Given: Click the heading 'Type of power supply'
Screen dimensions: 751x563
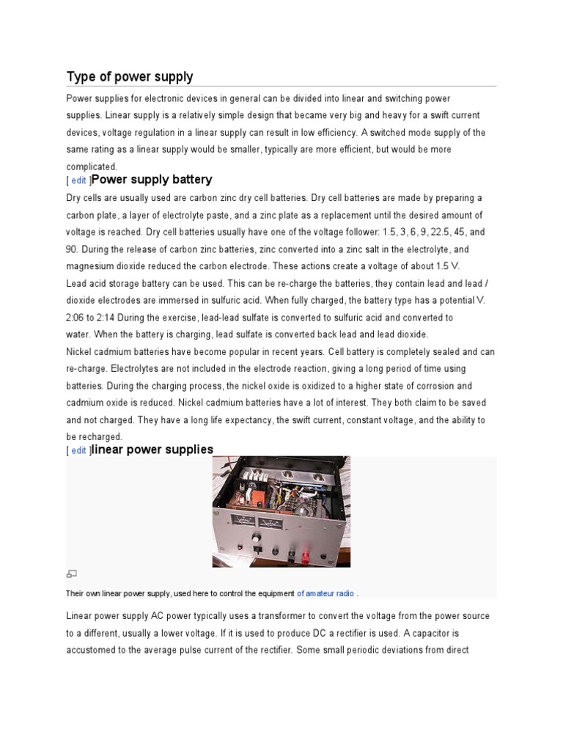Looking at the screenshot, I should point(130,77).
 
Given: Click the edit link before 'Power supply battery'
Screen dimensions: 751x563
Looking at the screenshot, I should point(79,180).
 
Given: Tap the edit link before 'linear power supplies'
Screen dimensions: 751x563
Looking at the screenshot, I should point(79,451).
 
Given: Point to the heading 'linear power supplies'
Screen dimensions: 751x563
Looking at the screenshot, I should point(152,450).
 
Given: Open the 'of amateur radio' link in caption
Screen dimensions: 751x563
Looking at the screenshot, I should point(325,593).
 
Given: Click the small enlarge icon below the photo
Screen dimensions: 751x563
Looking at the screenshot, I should point(72,574).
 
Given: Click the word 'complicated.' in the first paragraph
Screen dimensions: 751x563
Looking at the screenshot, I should point(92,166).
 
